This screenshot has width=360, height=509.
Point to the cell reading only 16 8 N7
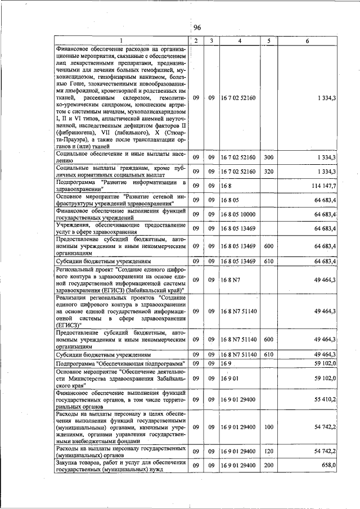pyautogui.click(x=231, y=279)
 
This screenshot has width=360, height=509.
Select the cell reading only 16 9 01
pyautogui.click(x=229, y=378)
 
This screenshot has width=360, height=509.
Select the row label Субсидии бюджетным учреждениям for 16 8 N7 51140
pyautogui.click(x=103, y=355)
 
